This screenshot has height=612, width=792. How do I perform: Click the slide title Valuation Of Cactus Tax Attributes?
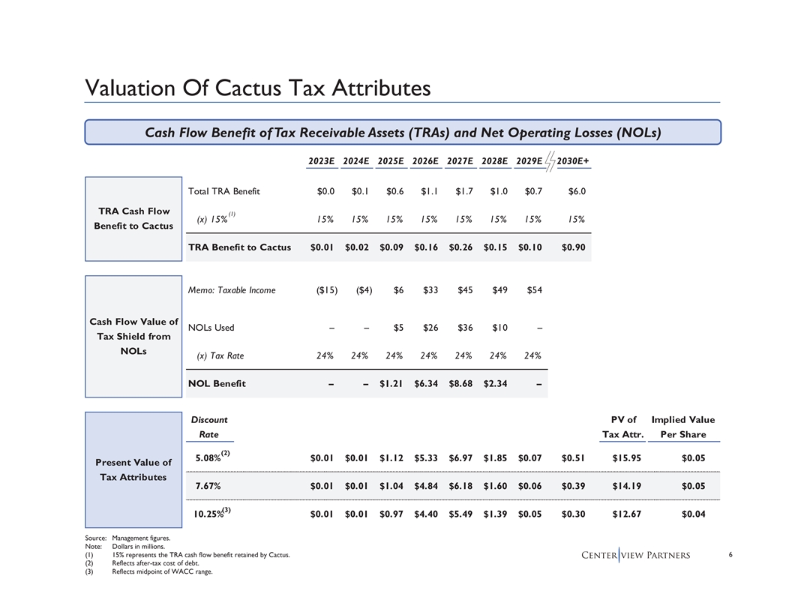[258, 88]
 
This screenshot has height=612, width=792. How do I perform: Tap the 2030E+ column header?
[574, 160]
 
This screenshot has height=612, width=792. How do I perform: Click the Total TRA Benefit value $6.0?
[577, 191]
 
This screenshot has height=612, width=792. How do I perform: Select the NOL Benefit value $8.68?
[460, 384]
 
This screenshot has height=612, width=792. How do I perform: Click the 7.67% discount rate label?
[208, 486]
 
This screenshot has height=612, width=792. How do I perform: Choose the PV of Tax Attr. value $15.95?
[625, 457]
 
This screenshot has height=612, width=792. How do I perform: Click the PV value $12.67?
[625, 514]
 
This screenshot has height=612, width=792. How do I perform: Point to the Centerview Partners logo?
[636, 555]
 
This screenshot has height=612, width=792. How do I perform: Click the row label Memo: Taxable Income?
[232, 290]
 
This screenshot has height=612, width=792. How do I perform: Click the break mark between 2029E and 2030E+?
[550, 160]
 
